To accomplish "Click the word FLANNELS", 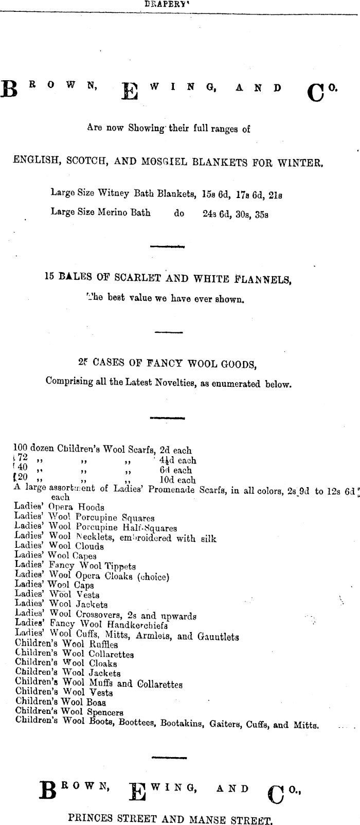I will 263,280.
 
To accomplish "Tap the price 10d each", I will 177,480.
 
